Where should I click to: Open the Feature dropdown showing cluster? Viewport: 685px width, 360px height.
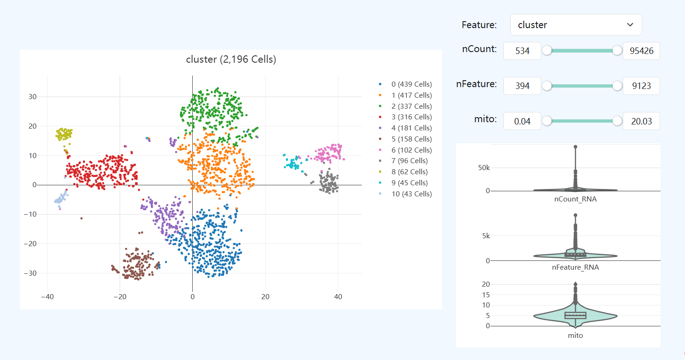click(576, 25)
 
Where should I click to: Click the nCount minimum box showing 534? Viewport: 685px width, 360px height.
click(522, 51)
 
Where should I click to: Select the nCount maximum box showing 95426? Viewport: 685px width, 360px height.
click(641, 51)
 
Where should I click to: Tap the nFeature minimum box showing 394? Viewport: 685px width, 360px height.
click(522, 86)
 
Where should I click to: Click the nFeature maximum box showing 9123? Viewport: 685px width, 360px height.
click(641, 86)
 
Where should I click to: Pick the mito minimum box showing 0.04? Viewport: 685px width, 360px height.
click(522, 121)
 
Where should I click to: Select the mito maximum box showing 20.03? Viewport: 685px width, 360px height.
click(641, 121)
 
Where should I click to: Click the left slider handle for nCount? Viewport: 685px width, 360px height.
click(547, 51)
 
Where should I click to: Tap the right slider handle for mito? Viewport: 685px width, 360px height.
click(617, 121)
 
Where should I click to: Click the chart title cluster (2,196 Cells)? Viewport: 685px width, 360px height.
click(231, 59)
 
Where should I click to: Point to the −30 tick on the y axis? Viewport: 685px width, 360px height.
click(32, 273)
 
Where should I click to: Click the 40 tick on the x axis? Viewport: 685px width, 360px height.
click(338, 297)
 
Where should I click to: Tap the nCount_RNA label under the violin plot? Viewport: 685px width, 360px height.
click(575, 199)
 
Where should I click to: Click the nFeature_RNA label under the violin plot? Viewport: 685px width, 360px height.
click(575, 267)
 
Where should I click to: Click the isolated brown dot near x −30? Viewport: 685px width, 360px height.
click(82, 218)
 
